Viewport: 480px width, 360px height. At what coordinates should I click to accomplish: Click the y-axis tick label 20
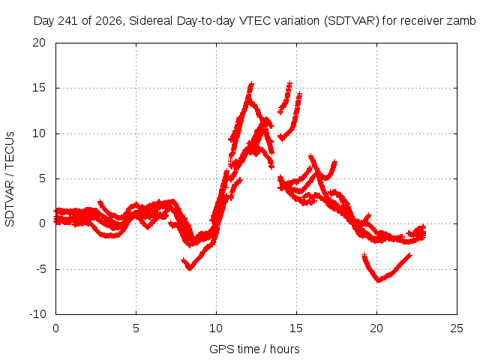tap(39, 43)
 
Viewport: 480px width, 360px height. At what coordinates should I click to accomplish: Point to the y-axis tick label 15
tap(39, 88)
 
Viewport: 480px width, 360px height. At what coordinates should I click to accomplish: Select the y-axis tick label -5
tap(41, 269)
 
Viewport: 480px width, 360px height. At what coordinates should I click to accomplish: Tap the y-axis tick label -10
tap(38, 314)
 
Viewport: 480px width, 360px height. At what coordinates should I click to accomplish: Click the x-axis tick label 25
tap(457, 328)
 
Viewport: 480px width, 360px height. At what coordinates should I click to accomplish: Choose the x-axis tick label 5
tap(136, 328)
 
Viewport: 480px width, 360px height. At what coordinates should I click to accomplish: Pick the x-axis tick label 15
tap(296, 328)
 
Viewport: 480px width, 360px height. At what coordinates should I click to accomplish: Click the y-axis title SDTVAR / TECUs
tap(10, 179)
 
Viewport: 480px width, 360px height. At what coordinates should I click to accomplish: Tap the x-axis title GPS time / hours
tap(254, 349)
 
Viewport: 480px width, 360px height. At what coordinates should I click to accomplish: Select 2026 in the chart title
tap(109, 21)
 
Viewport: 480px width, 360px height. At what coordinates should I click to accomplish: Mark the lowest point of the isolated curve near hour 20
tap(379, 280)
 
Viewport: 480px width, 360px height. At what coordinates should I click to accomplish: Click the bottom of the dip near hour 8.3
tap(190, 269)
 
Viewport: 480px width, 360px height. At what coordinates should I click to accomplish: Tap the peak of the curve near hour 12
tap(251, 83)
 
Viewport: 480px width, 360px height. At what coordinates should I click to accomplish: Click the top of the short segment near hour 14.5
tap(289, 82)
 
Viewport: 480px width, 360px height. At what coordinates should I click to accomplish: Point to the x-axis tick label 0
tap(55, 328)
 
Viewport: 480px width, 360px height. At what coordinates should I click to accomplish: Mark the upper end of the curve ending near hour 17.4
tap(335, 161)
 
